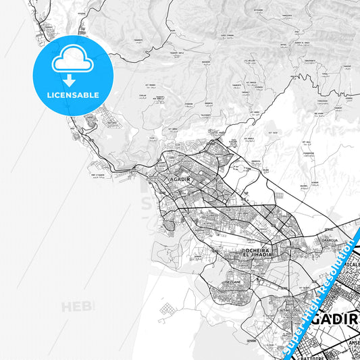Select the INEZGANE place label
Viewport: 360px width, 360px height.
[233, 283]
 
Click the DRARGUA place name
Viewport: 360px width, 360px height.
[330, 238]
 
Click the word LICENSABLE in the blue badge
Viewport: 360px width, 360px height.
[72, 95]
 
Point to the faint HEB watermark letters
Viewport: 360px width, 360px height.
[78, 307]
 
